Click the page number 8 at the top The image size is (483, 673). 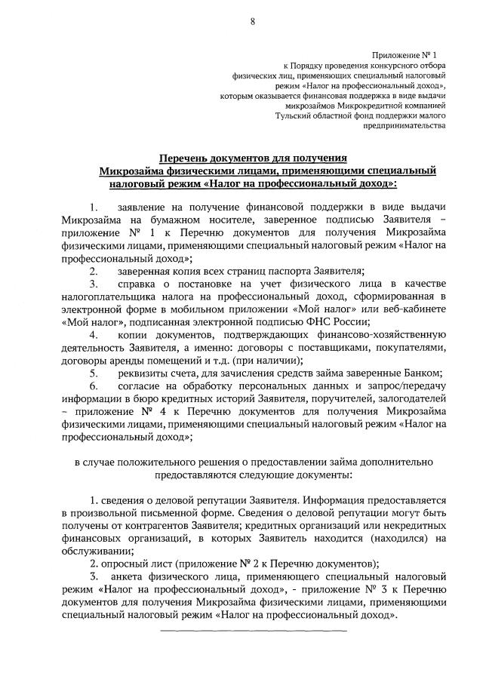click(x=252, y=22)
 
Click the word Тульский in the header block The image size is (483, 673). click(x=296, y=116)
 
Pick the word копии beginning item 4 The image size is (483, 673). click(x=132, y=335)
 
